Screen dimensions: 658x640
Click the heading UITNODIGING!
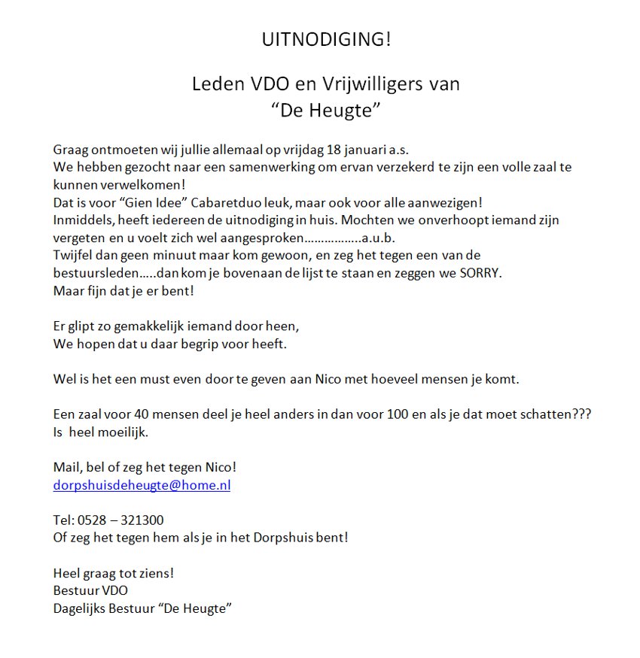pos(326,40)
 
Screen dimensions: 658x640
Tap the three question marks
pos(581,415)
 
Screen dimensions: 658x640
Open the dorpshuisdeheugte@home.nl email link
pos(142,485)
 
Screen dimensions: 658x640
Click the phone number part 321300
pos(139,520)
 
